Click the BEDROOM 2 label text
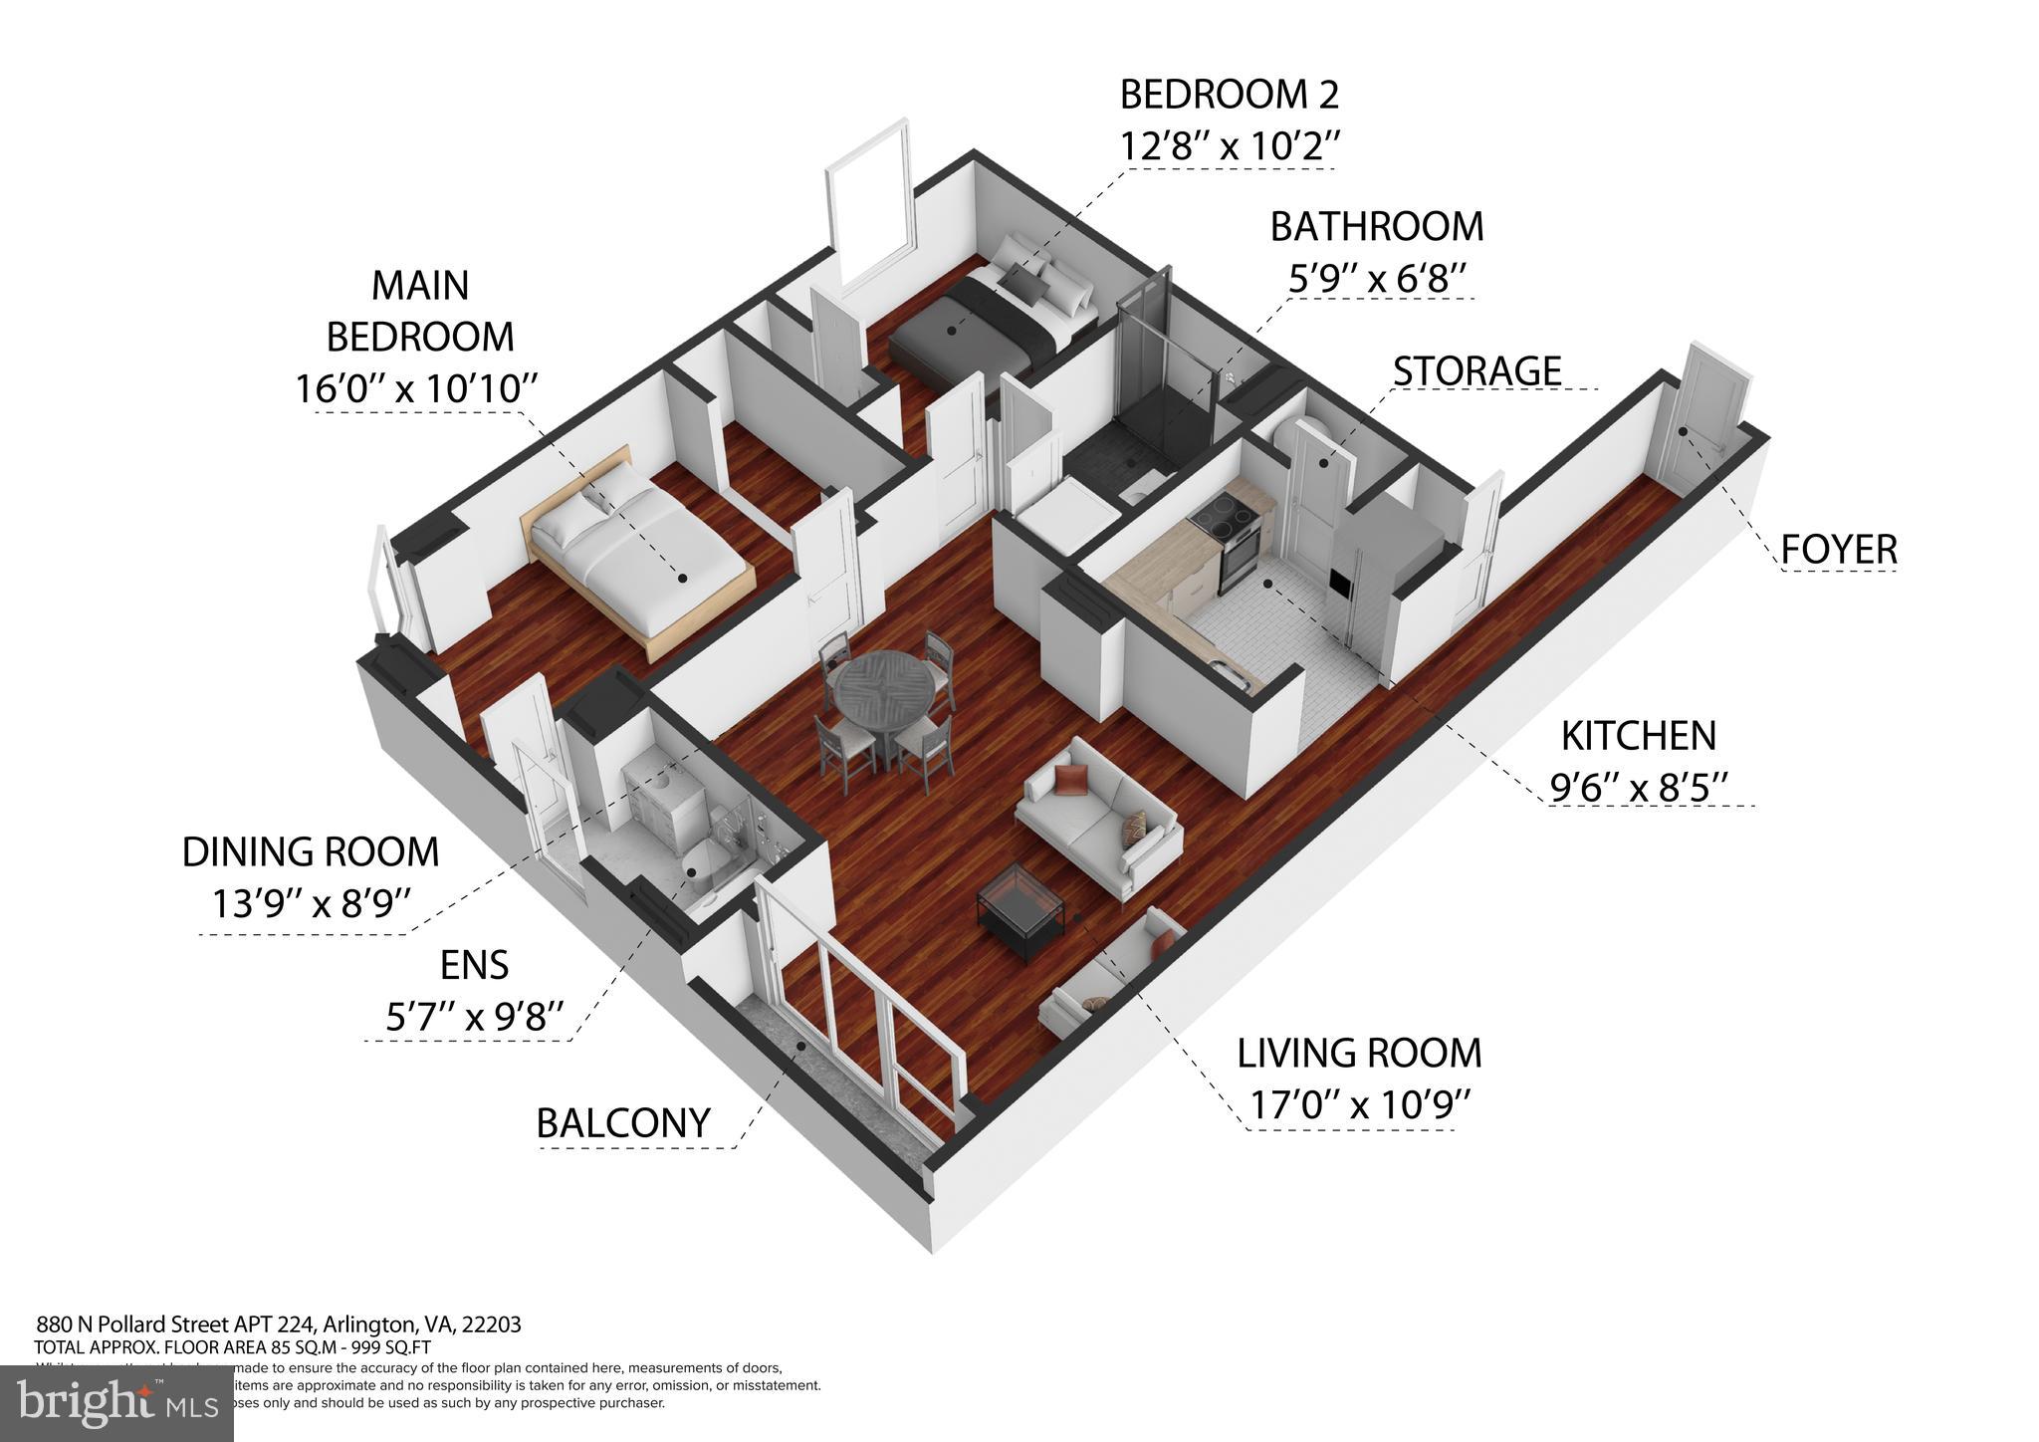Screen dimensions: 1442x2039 point(1229,95)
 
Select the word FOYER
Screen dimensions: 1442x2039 point(1838,549)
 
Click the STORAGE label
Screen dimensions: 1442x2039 point(1475,370)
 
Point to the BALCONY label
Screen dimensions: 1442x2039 point(623,1122)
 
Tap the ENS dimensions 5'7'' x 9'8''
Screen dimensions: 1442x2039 point(475,1017)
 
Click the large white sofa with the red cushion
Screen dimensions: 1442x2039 point(1095,817)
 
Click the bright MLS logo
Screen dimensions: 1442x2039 point(117,1402)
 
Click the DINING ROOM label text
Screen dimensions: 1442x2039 point(310,852)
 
